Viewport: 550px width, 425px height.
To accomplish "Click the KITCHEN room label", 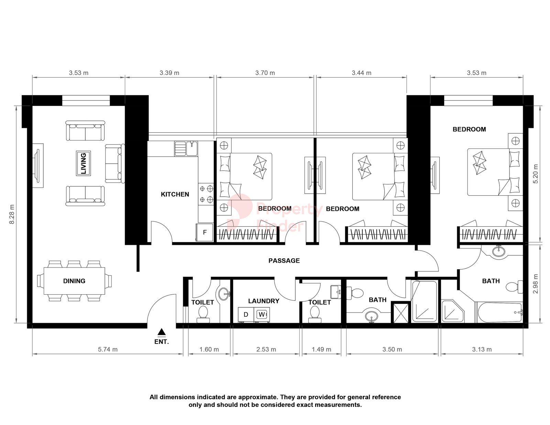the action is tap(175, 194).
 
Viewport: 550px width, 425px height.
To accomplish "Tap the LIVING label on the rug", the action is tap(83, 163).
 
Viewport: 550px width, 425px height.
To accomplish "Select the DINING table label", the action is tap(74, 281).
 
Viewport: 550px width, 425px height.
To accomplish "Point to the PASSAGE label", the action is tap(284, 261).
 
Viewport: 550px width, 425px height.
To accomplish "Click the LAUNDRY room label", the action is tap(263, 301).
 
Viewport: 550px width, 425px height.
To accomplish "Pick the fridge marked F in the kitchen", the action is tap(205, 232).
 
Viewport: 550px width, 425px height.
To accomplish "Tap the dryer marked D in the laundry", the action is tap(246, 315).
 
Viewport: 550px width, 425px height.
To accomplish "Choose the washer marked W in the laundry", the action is tap(262, 315).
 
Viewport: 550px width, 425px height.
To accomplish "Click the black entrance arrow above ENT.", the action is tap(162, 332).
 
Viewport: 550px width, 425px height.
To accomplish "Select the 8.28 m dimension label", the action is tap(12, 214).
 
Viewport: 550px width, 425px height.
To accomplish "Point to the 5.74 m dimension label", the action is tap(108, 350).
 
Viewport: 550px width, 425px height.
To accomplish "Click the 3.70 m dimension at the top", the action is tap(265, 73).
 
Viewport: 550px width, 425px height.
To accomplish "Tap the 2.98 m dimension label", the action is tap(536, 283).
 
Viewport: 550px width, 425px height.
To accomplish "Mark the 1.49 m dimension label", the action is tap(321, 350).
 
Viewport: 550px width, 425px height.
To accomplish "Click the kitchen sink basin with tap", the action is tap(192, 149).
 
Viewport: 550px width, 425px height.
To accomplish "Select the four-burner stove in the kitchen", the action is tap(206, 194).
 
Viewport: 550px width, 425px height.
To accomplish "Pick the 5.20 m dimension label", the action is tap(536, 174).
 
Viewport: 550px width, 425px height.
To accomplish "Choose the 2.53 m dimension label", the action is tap(266, 350).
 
